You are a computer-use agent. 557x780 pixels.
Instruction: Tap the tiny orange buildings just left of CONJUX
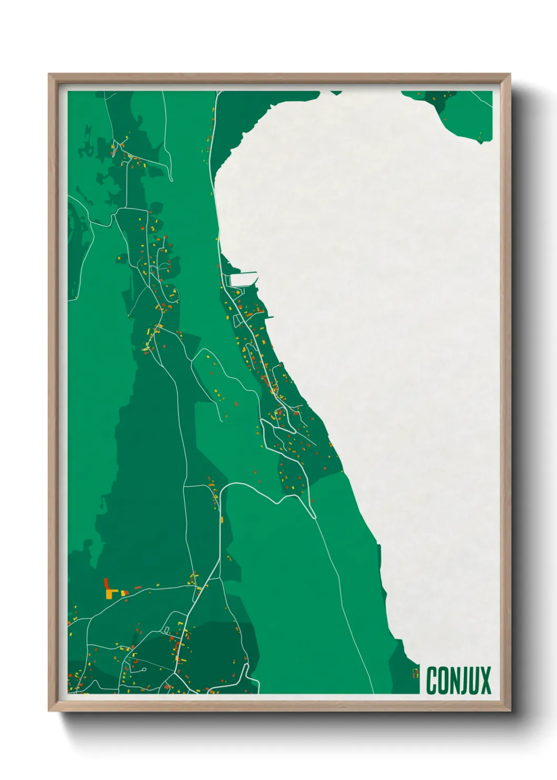tap(415, 672)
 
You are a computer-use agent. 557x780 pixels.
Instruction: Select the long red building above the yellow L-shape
tap(106, 583)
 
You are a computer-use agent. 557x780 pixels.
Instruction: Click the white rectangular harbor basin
tap(240, 280)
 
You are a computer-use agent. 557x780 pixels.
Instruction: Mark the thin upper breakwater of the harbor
tap(243, 272)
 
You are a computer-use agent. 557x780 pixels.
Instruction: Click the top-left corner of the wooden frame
tap(49, 75)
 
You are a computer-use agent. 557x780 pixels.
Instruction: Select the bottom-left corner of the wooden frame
tap(49, 710)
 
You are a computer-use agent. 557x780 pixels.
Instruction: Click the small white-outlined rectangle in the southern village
tap(166, 630)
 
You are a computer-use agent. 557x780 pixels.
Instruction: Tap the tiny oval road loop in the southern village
tap(142, 670)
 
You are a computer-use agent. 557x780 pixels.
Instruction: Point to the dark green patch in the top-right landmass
tap(437, 99)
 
